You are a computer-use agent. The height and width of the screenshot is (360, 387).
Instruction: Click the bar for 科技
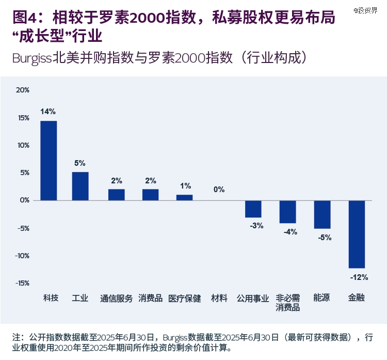pos(49,160)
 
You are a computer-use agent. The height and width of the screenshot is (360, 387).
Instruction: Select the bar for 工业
pos(80,186)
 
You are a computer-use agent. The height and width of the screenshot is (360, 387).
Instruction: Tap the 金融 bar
pos(357,234)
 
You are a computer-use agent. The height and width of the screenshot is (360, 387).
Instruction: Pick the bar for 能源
pos(322,214)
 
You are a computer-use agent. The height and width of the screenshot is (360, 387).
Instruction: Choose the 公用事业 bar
pos(253,209)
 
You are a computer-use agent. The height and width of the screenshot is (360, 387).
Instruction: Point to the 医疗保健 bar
pos(184,197)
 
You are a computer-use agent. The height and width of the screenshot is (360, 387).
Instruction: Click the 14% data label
pos(48,112)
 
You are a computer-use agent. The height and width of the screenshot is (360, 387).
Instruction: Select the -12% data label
pos(359,277)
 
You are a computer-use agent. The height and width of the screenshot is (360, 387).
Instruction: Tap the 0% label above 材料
pos(219,190)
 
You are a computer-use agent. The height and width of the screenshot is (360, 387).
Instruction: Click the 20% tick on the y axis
pos(23,90)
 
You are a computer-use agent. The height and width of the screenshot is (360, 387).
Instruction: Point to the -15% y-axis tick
pos(22,284)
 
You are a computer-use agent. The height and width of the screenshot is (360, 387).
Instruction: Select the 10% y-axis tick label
pos(23,145)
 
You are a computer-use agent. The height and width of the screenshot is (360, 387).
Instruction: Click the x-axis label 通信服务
pos(116,299)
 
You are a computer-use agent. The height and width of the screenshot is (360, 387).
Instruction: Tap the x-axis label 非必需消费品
pos(287,303)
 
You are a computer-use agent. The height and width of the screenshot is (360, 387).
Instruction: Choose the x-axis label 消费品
pos(150,299)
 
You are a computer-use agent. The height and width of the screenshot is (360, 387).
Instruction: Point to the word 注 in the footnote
pos(16,337)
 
